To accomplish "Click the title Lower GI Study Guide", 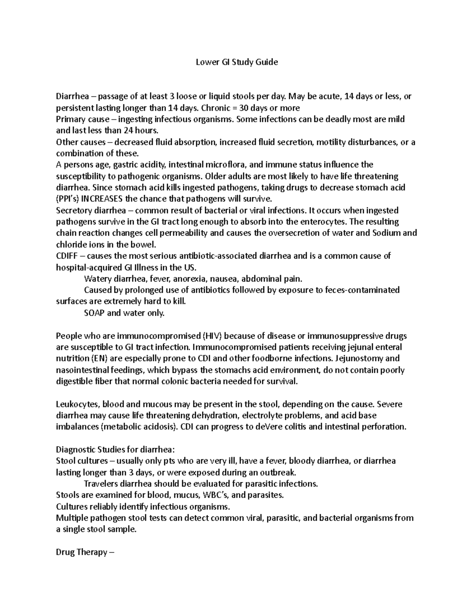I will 237,62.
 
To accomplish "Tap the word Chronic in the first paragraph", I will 216,108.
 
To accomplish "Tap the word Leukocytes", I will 78,405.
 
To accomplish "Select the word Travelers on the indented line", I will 101,484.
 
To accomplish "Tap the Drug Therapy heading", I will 85,552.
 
